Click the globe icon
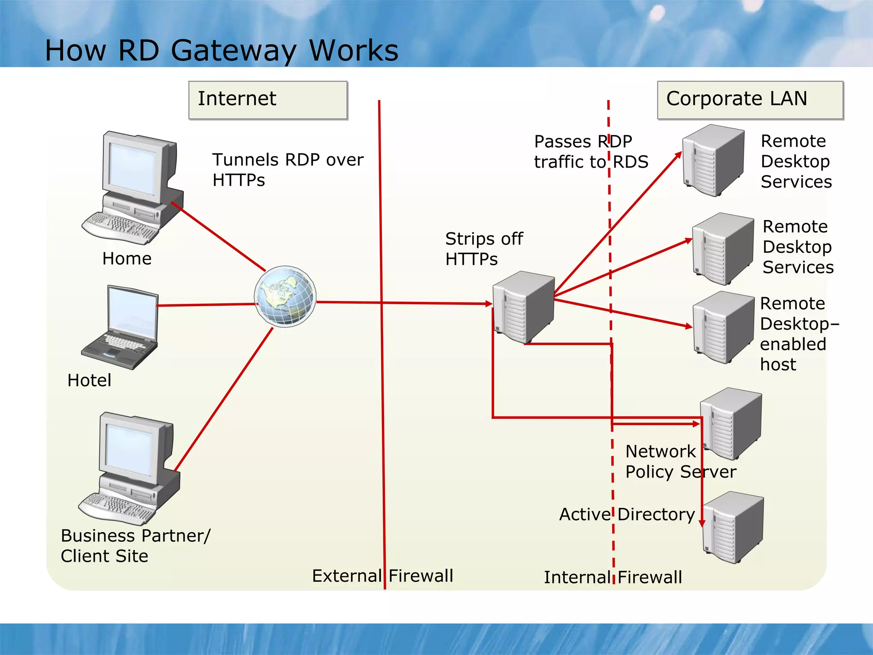pyautogui.click(x=285, y=296)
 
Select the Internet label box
pyautogui.click(x=268, y=100)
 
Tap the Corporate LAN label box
pyautogui.click(x=750, y=100)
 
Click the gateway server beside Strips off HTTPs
pyautogui.click(x=524, y=307)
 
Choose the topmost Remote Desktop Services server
pyautogui.click(x=713, y=160)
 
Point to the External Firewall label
pyautogui.click(x=382, y=576)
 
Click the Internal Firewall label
pyautogui.click(x=613, y=577)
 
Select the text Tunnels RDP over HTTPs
pyautogui.click(x=288, y=170)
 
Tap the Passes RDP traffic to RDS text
pyautogui.click(x=591, y=152)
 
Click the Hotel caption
pyautogui.click(x=90, y=380)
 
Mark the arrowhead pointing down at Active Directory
pyautogui.click(x=702, y=523)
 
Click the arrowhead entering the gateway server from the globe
pyautogui.click(x=489, y=304)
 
